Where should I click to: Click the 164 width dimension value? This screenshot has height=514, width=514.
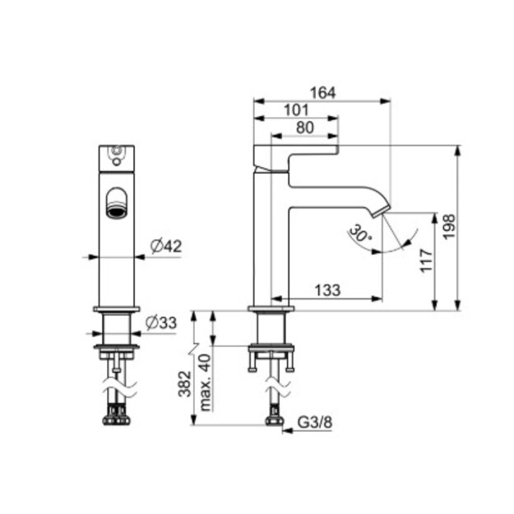click(323, 93)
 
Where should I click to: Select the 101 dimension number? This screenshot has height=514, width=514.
click(296, 110)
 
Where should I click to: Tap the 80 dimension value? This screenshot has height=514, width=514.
click(305, 127)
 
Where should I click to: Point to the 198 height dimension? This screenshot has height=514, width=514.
click(449, 227)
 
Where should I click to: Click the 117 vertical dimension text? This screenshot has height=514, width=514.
click(427, 261)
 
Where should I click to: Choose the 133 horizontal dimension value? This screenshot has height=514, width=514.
click(327, 290)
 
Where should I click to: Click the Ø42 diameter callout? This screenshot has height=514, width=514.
click(166, 246)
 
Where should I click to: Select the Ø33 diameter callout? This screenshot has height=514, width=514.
click(161, 323)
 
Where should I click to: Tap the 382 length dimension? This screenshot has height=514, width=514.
click(184, 384)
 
